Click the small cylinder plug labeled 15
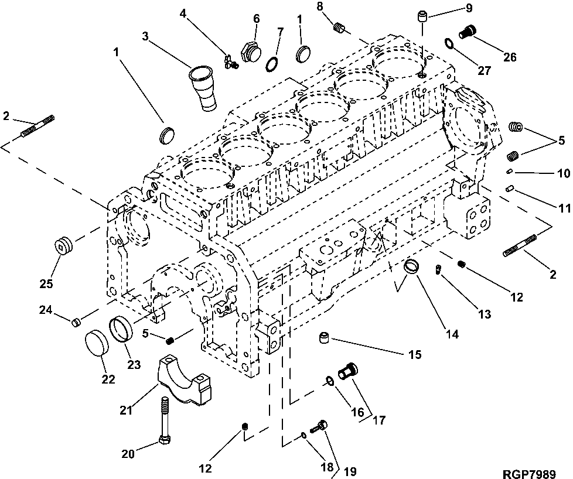325,338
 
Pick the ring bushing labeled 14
412,267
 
